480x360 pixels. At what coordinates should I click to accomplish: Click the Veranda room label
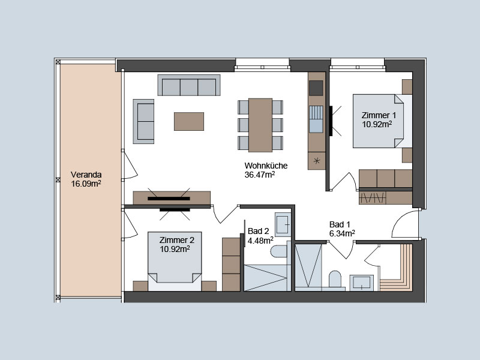click(x=86, y=175)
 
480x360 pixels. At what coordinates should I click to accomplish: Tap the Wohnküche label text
click(x=266, y=166)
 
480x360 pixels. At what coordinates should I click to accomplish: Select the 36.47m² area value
click(x=260, y=175)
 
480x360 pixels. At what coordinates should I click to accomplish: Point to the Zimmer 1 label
click(x=379, y=115)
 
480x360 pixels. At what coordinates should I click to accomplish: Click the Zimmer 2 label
click(x=176, y=240)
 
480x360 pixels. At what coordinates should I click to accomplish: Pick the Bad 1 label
click(x=340, y=224)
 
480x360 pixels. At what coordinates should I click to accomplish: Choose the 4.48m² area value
click(x=260, y=241)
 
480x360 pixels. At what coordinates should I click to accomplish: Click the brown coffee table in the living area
click(x=189, y=122)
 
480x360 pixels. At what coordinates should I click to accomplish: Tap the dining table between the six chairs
click(x=260, y=125)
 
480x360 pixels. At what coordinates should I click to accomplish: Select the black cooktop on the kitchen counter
click(x=316, y=88)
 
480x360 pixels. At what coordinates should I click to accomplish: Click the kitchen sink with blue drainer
click(x=316, y=119)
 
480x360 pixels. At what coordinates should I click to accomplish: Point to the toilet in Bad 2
click(x=279, y=251)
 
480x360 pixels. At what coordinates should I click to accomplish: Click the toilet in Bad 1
click(x=335, y=279)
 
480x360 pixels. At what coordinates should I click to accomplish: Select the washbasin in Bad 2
click(x=283, y=224)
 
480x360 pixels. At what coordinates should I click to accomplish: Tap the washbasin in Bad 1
click(x=362, y=283)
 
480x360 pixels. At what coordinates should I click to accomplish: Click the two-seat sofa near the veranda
click(x=143, y=122)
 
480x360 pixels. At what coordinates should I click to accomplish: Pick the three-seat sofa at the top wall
click(x=189, y=85)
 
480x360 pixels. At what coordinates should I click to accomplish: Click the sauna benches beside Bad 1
click(x=396, y=267)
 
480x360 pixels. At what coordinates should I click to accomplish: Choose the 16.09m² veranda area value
click(x=86, y=184)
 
